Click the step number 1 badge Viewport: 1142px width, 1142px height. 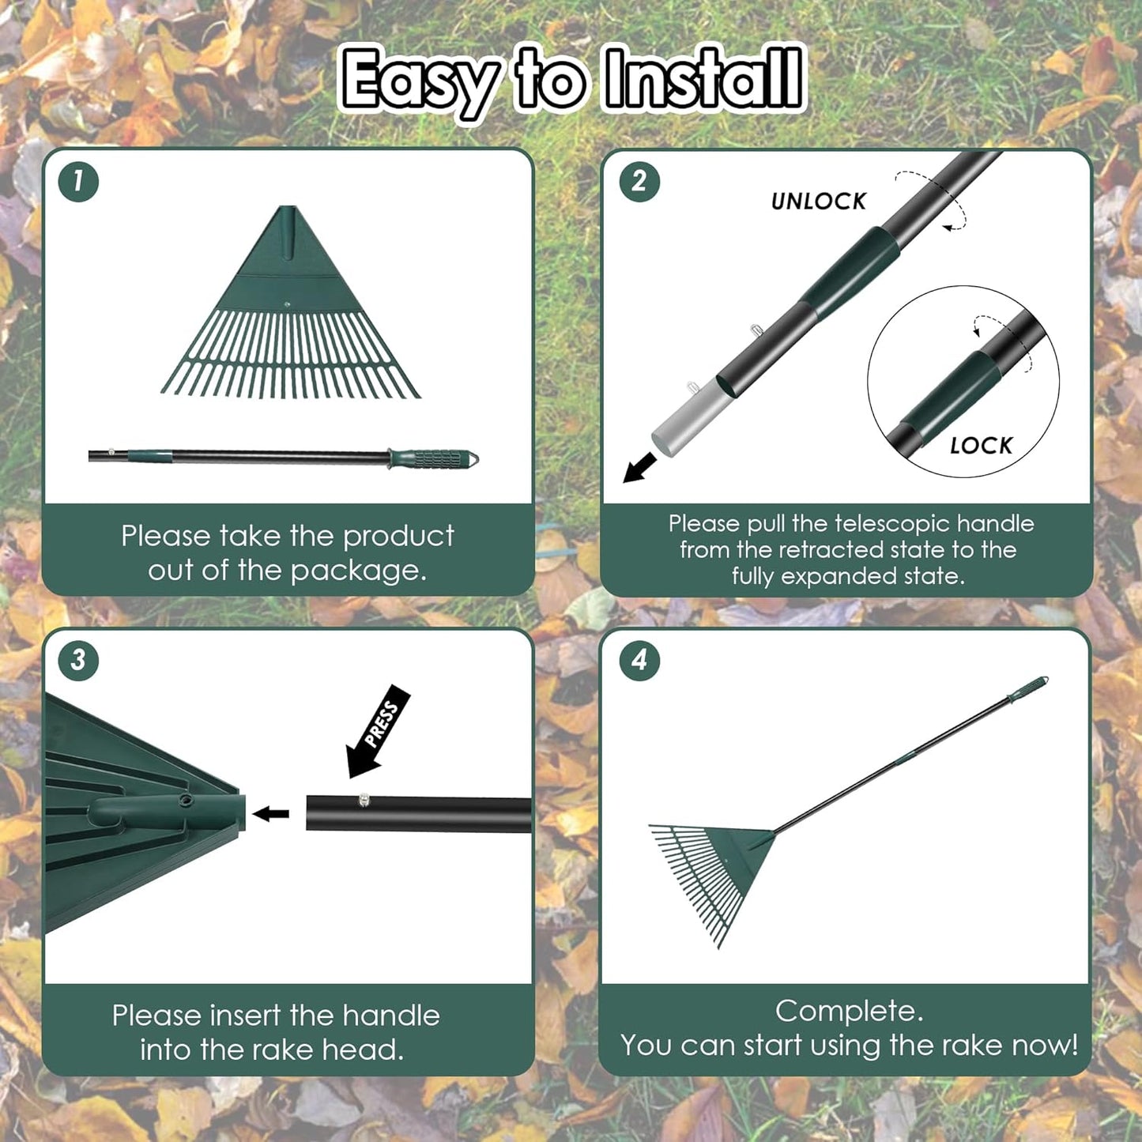click(78, 182)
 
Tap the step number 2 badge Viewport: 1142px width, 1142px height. click(639, 182)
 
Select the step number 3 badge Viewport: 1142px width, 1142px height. click(78, 660)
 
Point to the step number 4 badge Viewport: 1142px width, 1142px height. click(639, 660)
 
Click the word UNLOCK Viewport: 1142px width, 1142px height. click(819, 202)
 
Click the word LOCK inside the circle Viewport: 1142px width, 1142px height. click(981, 446)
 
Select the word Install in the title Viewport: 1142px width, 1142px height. click(702, 79)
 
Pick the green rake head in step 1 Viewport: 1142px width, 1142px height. click(290, 316)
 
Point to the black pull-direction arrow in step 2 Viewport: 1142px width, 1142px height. click(639, 467)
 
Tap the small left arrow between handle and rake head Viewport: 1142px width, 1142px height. click(271, 813)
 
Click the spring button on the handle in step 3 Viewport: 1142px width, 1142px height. click(364, 801)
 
